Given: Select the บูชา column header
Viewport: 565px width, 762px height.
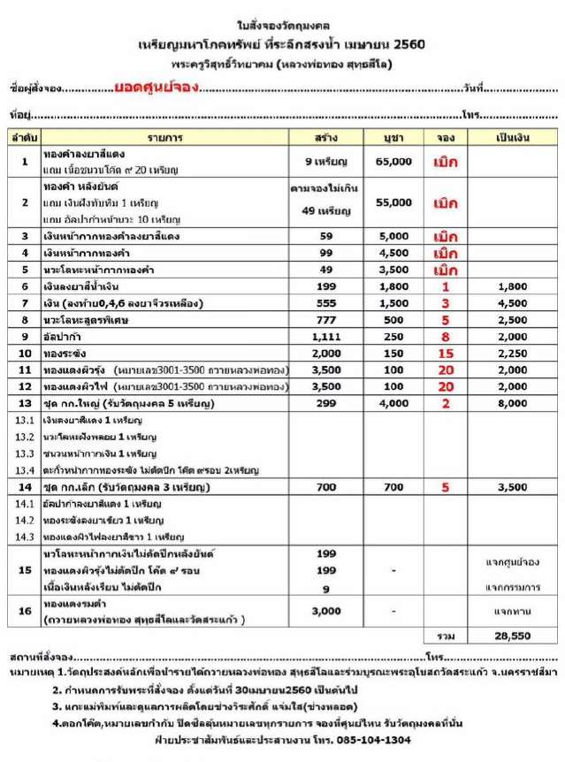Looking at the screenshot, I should (x=393, y=139).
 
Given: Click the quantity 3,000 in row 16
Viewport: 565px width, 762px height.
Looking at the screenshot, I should (x=324, y=610).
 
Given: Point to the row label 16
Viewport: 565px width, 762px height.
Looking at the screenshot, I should (x=25, y=610).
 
